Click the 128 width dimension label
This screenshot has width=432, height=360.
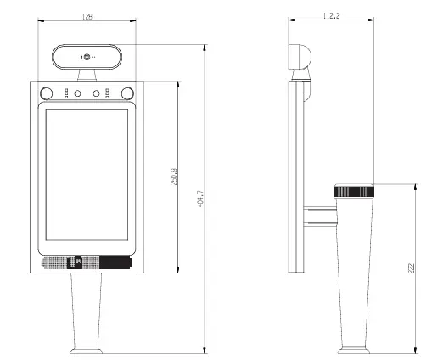[x=87, y=14]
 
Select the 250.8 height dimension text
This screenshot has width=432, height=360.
[x=174, y=177]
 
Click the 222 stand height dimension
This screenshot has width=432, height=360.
[x=411, y=269]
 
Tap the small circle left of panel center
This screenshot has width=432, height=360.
[x=77, y=93]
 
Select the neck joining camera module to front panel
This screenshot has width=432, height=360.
[x=87, y=76]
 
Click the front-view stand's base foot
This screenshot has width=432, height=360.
[x=87, y=349]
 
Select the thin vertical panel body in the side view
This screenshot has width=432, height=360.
[x=297, y=178]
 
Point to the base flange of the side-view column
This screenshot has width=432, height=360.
[x=355, y=349]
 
